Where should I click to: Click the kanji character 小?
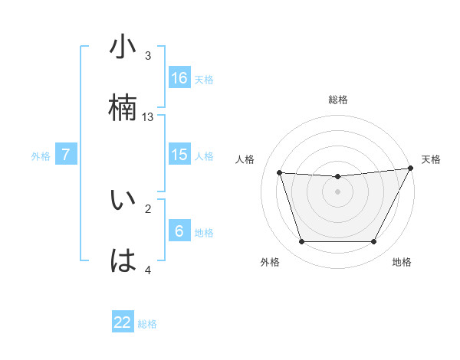click(123, 47)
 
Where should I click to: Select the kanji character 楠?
click(123, 108)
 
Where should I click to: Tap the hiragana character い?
click(123, 200)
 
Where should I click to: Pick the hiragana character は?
click(123, 260)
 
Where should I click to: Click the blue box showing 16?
click(179, 77)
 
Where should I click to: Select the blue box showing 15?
click(179, 155)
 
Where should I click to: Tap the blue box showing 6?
click(179, 231)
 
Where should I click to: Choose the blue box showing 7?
click(66, 155)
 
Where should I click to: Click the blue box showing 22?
click(123, 322)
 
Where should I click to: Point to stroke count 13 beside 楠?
click(148, 117)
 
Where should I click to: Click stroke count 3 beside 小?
click(148, 56)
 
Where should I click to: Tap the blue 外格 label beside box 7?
click(41, 155)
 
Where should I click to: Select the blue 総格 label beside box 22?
click(147, 324)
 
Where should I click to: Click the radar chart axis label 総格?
click(338, 100)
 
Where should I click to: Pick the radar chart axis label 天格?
click(431, 159)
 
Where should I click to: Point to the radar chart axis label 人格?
click(245, 159)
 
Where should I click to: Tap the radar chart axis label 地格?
click(402, 262)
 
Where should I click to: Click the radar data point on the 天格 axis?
click(412, 169)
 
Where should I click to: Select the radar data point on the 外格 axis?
click(301, 242)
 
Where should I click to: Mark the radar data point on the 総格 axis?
click(338, 177)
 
